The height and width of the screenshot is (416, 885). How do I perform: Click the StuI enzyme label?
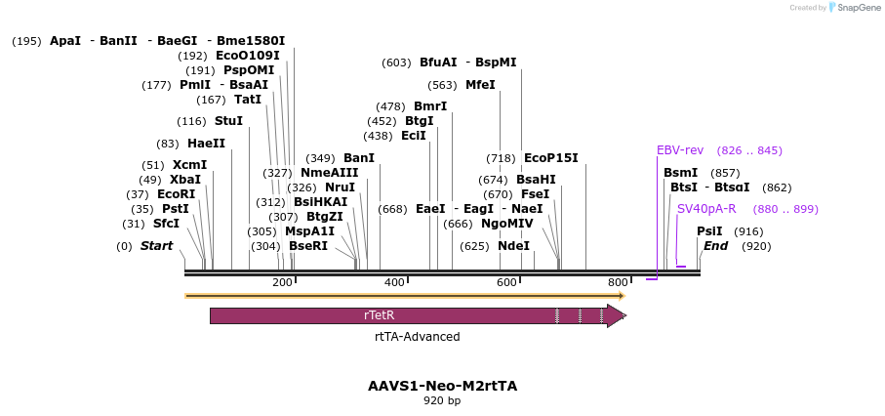[228, 121]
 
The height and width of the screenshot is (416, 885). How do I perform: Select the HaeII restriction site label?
[207, 144]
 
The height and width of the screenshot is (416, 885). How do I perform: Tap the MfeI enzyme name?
[480, 85]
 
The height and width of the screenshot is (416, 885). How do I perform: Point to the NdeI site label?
[513, 246]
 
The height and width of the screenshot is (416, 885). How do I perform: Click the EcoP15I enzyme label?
[551, 157]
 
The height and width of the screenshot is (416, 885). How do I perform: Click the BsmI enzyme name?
[681, 173]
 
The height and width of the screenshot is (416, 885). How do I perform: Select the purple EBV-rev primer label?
[680, 150]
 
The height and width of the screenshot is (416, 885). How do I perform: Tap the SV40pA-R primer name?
[706, 209]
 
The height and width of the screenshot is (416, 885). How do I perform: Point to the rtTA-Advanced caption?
[417, 337]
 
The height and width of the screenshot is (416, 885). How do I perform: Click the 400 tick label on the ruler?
[394, 282]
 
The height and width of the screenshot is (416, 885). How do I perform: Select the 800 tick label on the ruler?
[618, 282]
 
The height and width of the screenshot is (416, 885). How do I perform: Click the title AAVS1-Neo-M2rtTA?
[443, 387]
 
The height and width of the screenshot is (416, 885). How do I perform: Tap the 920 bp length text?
[443, 400]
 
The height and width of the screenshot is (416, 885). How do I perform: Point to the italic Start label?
[157, 246]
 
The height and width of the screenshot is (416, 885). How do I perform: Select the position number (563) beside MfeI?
[442, 85]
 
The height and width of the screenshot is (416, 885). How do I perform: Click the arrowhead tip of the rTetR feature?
[625, 315]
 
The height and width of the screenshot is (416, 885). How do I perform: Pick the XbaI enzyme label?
[185, 180]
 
